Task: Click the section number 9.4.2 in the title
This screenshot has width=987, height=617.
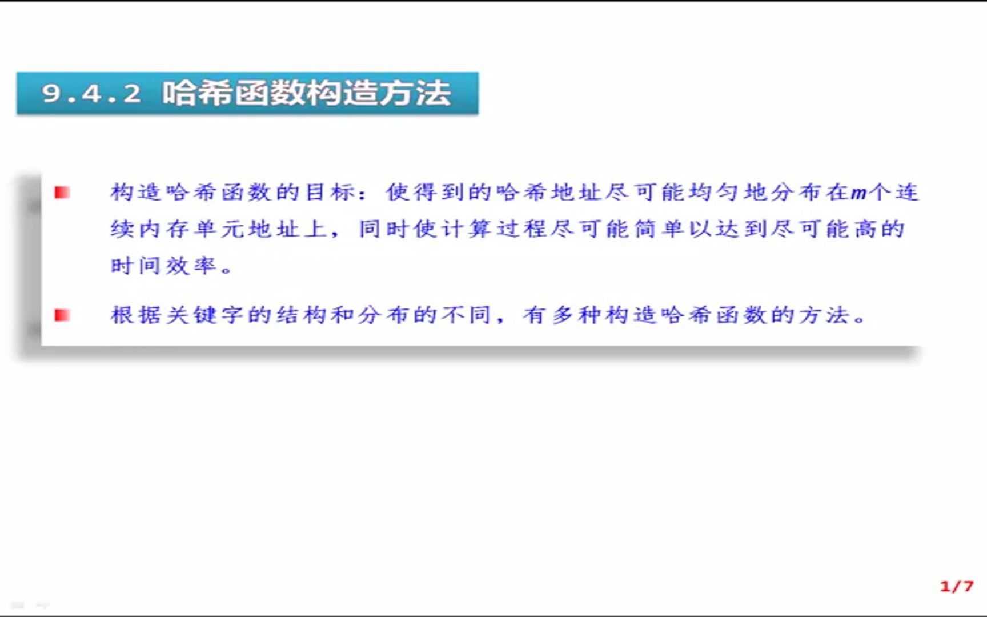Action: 91,93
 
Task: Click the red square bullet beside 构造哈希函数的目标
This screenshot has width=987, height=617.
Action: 62,193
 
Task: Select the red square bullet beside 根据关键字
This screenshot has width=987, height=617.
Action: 62,315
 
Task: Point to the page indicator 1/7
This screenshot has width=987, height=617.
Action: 956,586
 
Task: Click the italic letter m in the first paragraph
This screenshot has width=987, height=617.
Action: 858,193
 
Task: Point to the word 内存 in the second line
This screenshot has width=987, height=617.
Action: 163,229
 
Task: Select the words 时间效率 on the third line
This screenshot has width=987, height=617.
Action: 163,266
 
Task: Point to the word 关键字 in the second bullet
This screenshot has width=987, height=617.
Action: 204,315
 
